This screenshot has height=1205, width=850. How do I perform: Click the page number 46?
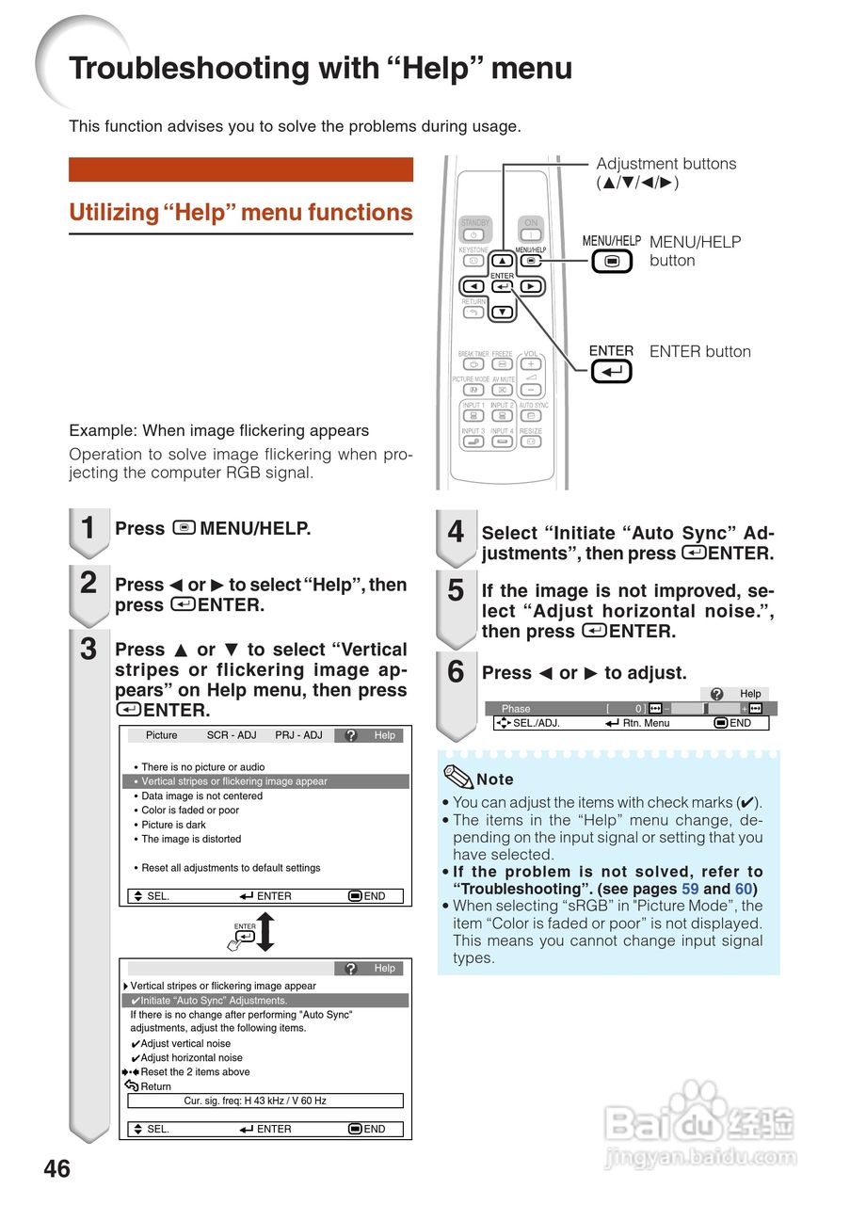click(56, 1168)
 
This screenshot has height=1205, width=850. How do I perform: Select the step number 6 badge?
click(456, 672)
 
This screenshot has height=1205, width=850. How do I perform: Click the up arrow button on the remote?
click(503, 261)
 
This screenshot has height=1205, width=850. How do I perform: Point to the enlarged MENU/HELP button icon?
click(612, 262)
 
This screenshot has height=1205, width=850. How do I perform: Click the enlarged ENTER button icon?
click(611, 372)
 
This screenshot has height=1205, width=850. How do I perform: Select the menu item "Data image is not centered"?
click(201, 795)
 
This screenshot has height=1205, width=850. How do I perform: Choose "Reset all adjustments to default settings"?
click(231, 868)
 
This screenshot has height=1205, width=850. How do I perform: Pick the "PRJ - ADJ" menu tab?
click(298, 735)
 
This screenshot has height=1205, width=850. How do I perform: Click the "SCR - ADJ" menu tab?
click(232, 735)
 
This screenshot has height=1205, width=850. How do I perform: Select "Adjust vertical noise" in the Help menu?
click(185, 1043)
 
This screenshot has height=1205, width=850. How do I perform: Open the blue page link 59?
click(690, 889)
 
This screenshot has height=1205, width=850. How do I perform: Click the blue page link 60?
click(744, 889)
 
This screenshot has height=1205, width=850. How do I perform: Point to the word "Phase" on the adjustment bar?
click(516, 709)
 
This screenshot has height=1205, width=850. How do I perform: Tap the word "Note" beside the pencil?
click(494, 779)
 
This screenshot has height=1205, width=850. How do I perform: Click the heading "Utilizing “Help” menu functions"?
click(241, 213)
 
